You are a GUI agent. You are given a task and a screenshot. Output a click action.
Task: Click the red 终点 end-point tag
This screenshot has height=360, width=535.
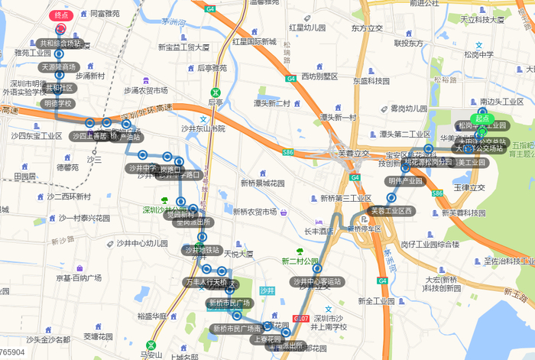pyautogui.click(x=61, y=15)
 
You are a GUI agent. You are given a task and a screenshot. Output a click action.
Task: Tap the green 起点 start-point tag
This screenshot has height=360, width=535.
pyautogui.click(x=481, y=118)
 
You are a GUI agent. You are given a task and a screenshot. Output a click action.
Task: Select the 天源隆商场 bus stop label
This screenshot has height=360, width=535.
pyautogui.click(x=59, y=67)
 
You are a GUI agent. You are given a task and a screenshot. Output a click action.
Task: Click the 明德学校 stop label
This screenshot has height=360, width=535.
pyautogui.click(x=58, y=103)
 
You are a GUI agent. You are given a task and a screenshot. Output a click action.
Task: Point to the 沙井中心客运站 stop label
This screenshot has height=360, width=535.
pyautogui.click(x=317, y=281)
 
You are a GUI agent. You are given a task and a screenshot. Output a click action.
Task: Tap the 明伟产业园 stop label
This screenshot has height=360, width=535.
pyautogui.click(x=405, y=181)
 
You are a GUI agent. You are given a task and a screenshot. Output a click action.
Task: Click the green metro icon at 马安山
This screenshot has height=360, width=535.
pyautogui.click(x=151, y=345)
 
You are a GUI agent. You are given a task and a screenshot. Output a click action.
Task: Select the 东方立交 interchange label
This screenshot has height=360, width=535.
pyautogui.click(x=367, y=28)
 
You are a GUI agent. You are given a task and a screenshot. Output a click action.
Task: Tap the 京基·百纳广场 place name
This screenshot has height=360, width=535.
pyautogui.click(x=79, y=278)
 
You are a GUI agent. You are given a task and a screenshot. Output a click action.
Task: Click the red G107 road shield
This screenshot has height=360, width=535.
pyautogui.click(x=300, y=317)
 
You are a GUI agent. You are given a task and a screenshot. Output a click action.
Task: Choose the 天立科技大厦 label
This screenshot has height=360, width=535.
pyautogui.click(x=479, y=18)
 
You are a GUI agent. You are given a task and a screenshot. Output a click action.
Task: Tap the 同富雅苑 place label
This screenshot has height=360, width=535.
pyautogui.click(x=105, y=13)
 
